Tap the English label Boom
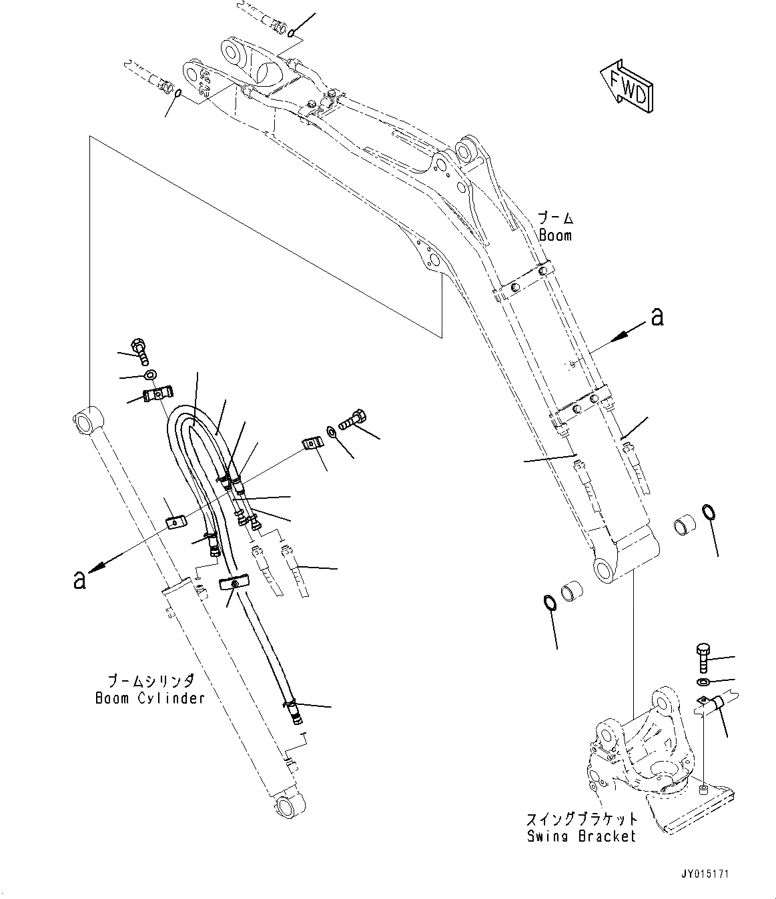[555, 235]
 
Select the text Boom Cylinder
[149, 698]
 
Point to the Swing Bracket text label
[580, 836]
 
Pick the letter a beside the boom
[657, 317]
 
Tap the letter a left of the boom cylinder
[79, 578]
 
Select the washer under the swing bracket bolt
[703, 682]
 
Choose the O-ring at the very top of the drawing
[292, 31]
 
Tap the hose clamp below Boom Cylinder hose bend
[233, 584]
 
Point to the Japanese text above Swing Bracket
[580, 818]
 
